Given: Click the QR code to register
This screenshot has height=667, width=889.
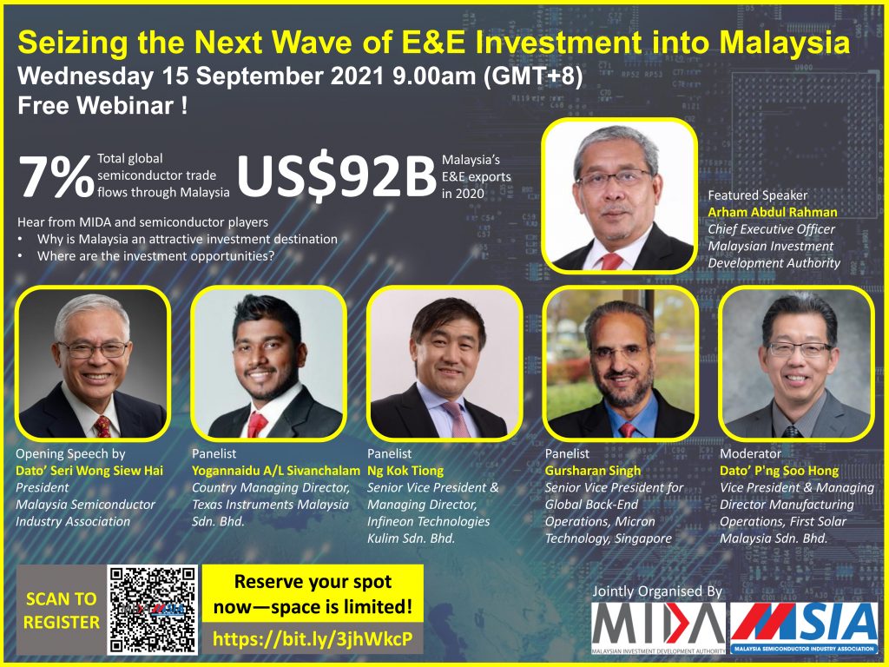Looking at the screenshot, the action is pyautogui.click(x=153, y=610).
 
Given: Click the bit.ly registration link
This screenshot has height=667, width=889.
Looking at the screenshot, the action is pyautogui.click(x=313, y=639).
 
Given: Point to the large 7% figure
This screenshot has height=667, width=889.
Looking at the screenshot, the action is pyautogui.click(x=56, y=176).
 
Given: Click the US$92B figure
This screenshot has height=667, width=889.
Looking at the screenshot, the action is pyautogui.click(x=336, y=175).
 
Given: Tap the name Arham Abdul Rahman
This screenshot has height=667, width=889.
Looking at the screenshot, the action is pyautogui.click(x=772, y=212).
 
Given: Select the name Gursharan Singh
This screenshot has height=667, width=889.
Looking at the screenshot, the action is pyautogui.click(x=592, y=471).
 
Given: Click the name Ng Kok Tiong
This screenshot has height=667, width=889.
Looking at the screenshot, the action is pyautogui.click(x=405, y=471).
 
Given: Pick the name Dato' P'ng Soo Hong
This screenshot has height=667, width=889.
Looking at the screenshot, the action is pyautogui.click(x=779, y=471).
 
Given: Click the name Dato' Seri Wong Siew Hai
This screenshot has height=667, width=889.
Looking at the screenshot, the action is pyautogui.click(x=89, y=471).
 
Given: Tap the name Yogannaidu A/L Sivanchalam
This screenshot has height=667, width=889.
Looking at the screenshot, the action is pyautogui.click(x=275, y=471).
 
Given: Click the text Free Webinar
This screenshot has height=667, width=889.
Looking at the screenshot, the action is pyautogui.click(x=102, y=105).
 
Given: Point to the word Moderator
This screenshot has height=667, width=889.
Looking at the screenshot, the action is pyautogui.click(x=750, y=453).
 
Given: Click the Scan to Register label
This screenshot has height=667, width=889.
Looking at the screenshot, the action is pyautogui.click(x=62, y=611).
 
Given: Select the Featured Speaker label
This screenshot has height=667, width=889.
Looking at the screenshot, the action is pyautogui.click(x=757, y=195).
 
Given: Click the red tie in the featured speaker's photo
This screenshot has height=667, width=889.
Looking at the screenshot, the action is pyautogui.click(x=612, y=261).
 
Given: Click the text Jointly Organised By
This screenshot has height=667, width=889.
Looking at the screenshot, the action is pyautogui.click(x=657, y=591).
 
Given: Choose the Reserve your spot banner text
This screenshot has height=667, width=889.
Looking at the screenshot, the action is pyautogui.click(x=313, y=594).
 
